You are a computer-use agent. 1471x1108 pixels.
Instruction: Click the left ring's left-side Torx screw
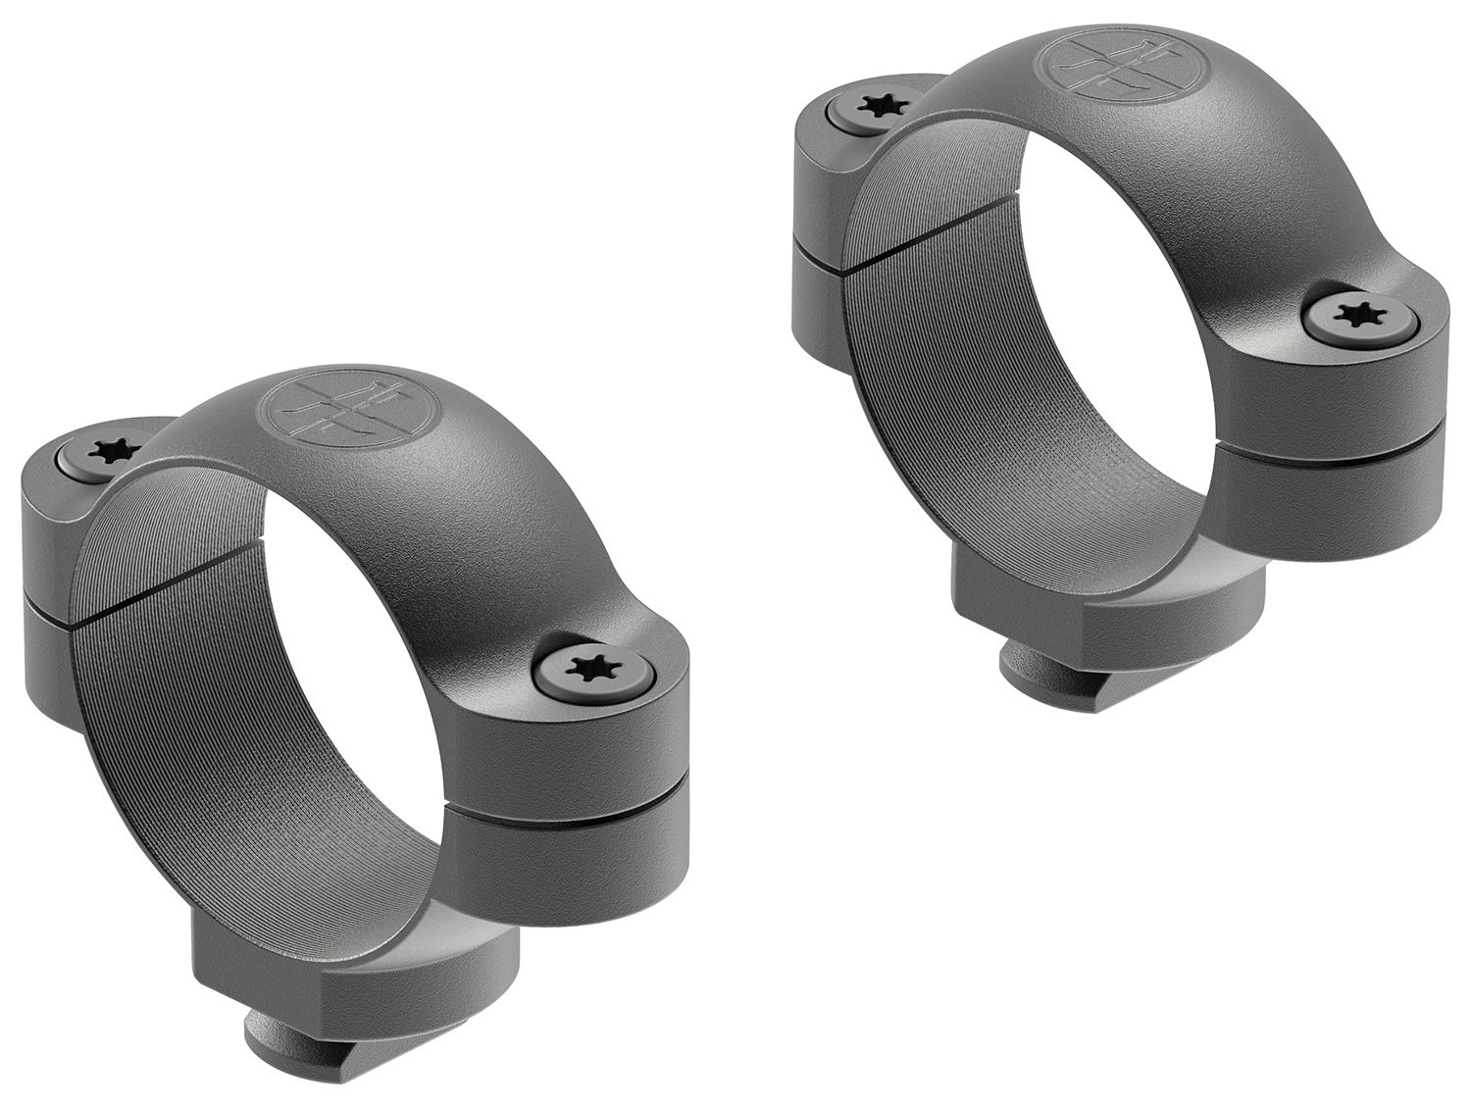[101, 450]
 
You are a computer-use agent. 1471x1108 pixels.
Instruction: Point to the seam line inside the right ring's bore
[912, 240]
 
